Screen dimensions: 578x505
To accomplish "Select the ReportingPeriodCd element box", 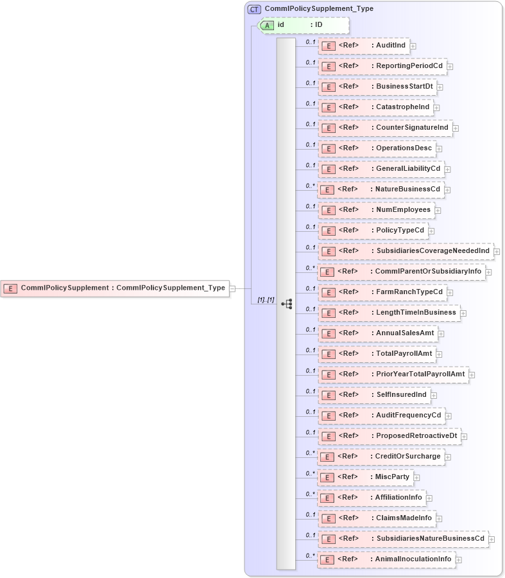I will point(382,66).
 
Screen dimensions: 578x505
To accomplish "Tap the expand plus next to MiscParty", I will point(416,477).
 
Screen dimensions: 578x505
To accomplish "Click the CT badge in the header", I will point(254,9).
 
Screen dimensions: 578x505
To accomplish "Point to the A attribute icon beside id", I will point(267,25).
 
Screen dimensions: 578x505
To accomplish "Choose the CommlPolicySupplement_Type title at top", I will point(319,9).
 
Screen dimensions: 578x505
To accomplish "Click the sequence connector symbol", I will point(286,304).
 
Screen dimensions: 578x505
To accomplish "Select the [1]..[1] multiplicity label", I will point(266,300).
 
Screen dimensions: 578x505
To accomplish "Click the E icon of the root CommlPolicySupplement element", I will point(10,288).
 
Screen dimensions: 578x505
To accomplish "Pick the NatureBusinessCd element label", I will point(408,189).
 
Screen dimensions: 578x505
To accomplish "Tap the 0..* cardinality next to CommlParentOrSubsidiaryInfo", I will point(310,268).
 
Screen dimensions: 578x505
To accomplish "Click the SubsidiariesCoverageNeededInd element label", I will point(433,251).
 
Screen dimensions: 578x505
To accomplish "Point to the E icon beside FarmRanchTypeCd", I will point(327,292).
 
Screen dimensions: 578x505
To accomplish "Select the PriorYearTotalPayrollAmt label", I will point(420,374).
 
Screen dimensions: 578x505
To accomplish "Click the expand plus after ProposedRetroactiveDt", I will point(465,436).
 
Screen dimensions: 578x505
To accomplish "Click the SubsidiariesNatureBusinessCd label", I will point(431,539).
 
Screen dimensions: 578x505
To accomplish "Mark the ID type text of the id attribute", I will point(318,25).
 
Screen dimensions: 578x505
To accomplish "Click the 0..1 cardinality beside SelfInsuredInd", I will point(310,391).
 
